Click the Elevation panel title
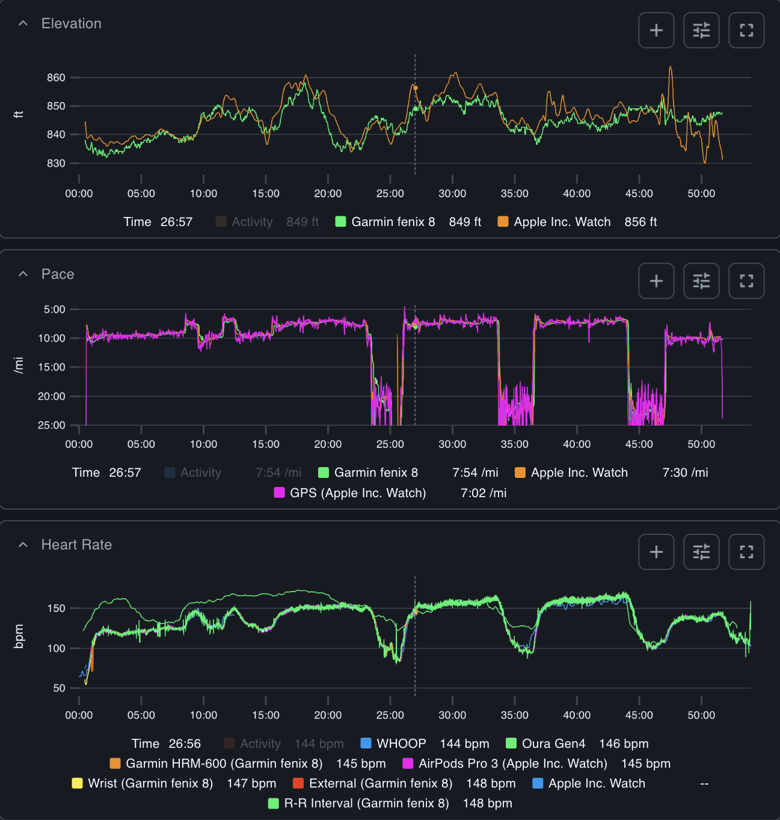71,23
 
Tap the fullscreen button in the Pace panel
746,281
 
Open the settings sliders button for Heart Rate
701,552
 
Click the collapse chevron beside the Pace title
23,274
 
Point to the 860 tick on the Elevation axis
56,78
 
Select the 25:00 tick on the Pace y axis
51,425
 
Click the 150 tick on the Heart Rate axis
56,608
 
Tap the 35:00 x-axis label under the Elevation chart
514,194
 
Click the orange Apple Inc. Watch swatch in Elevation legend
503,222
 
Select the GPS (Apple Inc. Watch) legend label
357,493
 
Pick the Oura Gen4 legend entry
553,744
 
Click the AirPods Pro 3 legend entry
512,763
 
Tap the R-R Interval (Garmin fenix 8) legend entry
366,803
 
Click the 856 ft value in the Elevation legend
640,222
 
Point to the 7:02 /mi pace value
484,493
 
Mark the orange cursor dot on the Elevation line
415,88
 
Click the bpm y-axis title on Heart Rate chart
19,636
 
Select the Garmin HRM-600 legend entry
224,763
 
